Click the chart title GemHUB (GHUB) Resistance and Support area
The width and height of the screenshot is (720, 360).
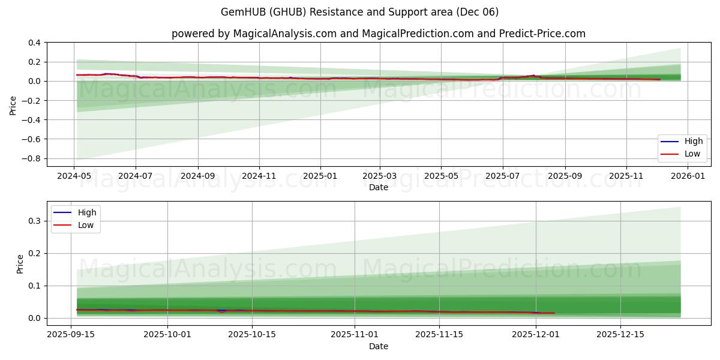click(x=360, y=12)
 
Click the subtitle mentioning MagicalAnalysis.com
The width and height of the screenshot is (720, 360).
click(x=378, y=34)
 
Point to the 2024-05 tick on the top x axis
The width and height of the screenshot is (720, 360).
click(x=74, y=176)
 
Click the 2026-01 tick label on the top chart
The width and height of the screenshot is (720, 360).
click(x=688, y=176)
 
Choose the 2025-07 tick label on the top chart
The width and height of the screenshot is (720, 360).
click(x=502, y=176)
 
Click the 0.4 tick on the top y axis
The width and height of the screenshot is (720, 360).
click(x=34, y=43)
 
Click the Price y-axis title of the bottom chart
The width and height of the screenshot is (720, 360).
click(x=20, y=264)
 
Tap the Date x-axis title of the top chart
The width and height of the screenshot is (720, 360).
click(x=378, y=187)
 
